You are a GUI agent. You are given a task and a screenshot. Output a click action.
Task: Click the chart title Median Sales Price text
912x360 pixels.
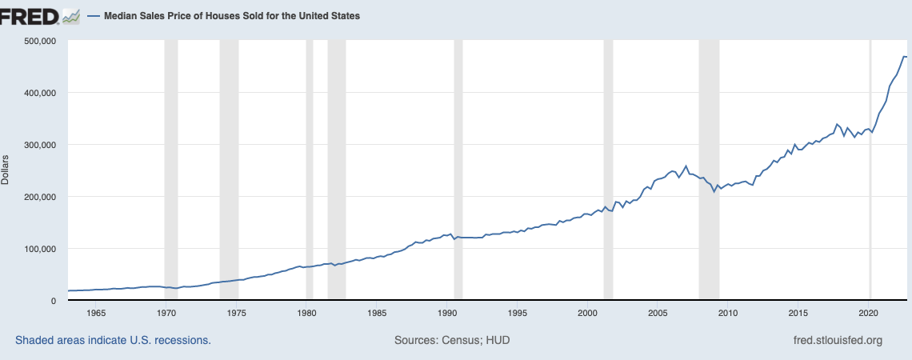pyautogui.click(x=232, y=16)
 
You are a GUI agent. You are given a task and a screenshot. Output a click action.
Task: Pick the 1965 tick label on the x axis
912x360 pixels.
pyautogui.click(x=95, y=313)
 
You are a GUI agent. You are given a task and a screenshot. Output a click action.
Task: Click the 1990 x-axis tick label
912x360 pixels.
pyautogui.click(x=447, y=313)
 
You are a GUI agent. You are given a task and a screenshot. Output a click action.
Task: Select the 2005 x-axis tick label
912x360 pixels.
pyautogui.click(x=658, y=313)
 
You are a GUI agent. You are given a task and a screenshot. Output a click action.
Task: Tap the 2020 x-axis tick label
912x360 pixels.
pyautogui.click(x=869, y=313)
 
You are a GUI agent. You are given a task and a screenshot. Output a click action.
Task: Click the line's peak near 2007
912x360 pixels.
pyautogui.click(x=686, y=166)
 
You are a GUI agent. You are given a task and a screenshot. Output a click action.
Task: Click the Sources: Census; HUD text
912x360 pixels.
pyautogui.click(x=452, y=341)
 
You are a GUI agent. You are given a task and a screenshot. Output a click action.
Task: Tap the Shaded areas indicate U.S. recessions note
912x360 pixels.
pyautogui.click(x=113, y=341)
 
